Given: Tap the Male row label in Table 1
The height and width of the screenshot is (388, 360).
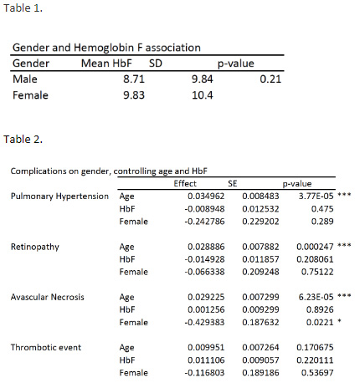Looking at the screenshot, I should [25, 79].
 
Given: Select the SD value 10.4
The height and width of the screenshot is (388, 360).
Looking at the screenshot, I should [202, 94].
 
